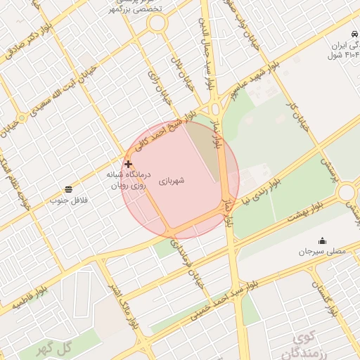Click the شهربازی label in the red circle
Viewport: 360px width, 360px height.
[x=171, y=181]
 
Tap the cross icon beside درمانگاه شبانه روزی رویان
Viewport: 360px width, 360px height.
[x=128, y=164]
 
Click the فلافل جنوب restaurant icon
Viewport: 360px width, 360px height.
[x=68, y=189]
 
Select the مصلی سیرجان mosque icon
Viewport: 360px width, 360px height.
[x=323, y=240]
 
